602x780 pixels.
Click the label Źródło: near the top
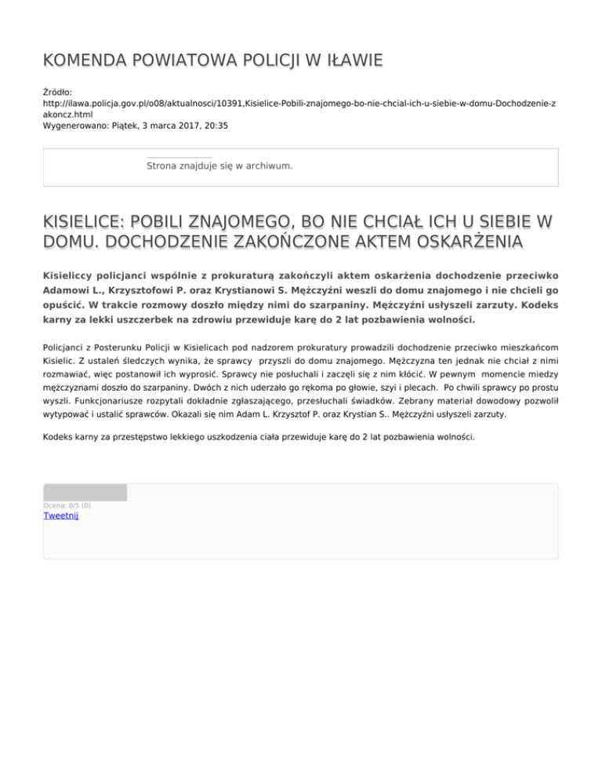click(x=57, y=92)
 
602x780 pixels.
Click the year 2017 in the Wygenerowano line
click(x=187, y=126)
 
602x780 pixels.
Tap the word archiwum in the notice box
click(x=267, y=166)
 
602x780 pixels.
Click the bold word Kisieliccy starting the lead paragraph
click(x=72, y=277)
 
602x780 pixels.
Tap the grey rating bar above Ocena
click(x=85, y=492)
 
